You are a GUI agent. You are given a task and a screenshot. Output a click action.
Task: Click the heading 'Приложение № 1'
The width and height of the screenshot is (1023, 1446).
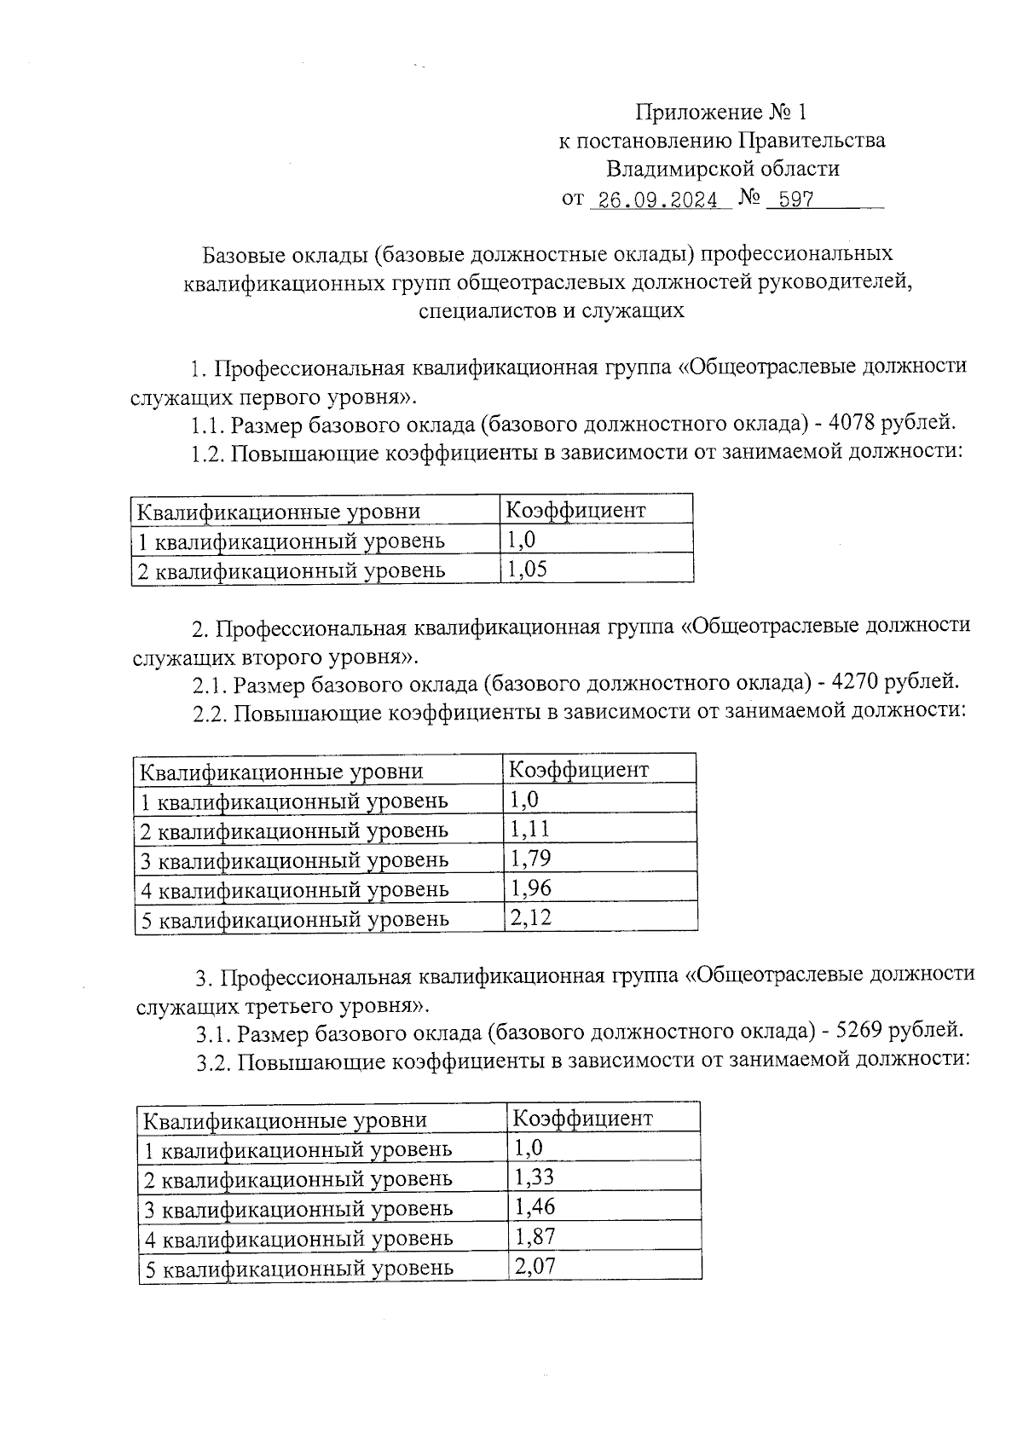720,112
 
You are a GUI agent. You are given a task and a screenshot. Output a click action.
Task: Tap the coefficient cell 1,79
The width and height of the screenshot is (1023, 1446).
530,859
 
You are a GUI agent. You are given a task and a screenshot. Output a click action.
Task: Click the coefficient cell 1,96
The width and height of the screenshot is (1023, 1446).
530,888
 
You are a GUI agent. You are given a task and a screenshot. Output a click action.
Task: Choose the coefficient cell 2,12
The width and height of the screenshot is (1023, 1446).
530,917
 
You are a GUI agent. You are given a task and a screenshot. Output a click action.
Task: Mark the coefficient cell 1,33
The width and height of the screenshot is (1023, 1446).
535,1177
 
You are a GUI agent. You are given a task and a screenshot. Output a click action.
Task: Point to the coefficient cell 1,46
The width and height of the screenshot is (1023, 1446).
535,1206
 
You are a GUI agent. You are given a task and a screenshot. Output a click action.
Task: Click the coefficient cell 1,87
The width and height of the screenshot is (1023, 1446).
535,1236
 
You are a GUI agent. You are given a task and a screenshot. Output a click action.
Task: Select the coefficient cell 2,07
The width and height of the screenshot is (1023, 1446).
535,1266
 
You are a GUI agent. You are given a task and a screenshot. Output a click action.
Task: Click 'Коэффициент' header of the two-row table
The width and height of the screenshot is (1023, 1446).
575,511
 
